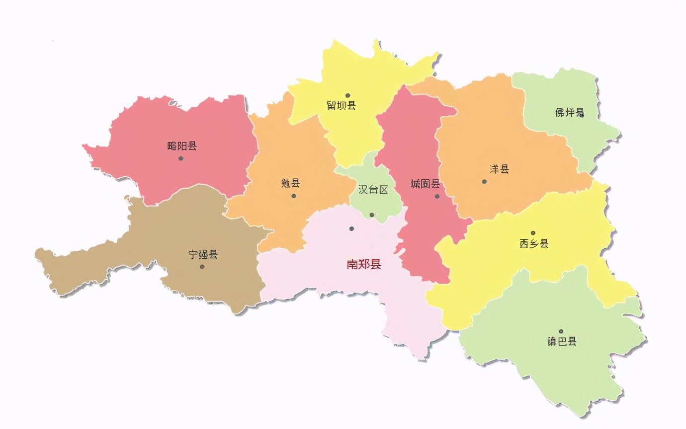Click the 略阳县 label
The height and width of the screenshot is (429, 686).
pyautogui.click(x=182, y=146)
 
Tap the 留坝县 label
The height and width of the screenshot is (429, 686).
pyautogui.click(x=341, y=105)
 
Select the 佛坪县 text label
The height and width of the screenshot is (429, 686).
pyautogui.click(x=569, y=113)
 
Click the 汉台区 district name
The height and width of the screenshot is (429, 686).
pyautogui.click(x=373, y=190)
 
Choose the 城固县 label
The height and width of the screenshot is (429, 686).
pyautogui.click(x=425, y=184)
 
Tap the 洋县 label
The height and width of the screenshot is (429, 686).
pyautogui.click(x=499, y=169)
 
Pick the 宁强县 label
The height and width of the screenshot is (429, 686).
pyautogui.click(x=203, y=255)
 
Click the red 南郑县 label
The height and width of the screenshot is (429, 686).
pyautogui.click(x=364, y=264)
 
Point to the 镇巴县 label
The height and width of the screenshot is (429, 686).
pyautogui.click(x=561, y=342)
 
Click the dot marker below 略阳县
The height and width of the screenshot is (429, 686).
pyautogui.click(x=181, y=158)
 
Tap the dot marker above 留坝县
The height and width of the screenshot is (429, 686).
pyautogui.click(x=348, y=95)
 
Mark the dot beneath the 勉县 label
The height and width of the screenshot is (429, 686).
pyautogui.click(x=294, y=196)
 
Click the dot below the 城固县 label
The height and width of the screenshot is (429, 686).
pyautogui.click(x=437, y=196)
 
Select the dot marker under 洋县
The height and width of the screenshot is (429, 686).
pyautogui.click(x=484, y=181)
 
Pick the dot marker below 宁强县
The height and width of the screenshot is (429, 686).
pyautogui.click(x=202, y=267)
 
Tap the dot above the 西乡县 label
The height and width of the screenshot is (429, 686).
pyautogui.click(x=533, y=233)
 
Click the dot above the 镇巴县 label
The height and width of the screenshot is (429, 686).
pyautogui.click(x=561, y=331)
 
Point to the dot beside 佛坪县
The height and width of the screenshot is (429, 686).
pyautogui.click(x=582, y=115)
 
